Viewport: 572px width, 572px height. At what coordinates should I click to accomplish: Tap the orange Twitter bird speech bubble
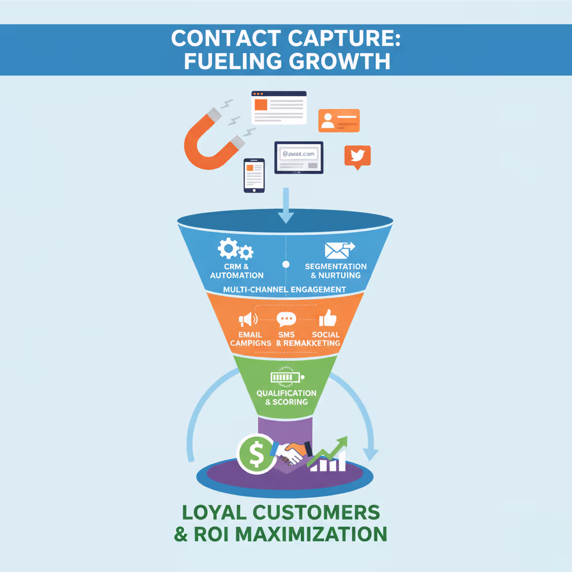coord(357,156)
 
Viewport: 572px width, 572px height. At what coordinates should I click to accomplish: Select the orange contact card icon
coord(339,121)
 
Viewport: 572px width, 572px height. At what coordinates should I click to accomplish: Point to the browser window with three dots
coord(279,107)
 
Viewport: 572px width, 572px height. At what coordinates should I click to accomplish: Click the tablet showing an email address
coord(299,157)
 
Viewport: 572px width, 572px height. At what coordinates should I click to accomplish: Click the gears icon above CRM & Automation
coord(235,249)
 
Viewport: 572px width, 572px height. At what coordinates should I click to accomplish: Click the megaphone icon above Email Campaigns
coord(248,320)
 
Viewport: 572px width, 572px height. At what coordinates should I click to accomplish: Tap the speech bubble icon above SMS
coord(286,320)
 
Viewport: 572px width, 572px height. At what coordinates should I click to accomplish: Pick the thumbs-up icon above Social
coord(328,318)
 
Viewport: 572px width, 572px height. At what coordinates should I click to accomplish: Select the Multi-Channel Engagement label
coord(284,290)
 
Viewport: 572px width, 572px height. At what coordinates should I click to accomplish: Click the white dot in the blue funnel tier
coord(286,264)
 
